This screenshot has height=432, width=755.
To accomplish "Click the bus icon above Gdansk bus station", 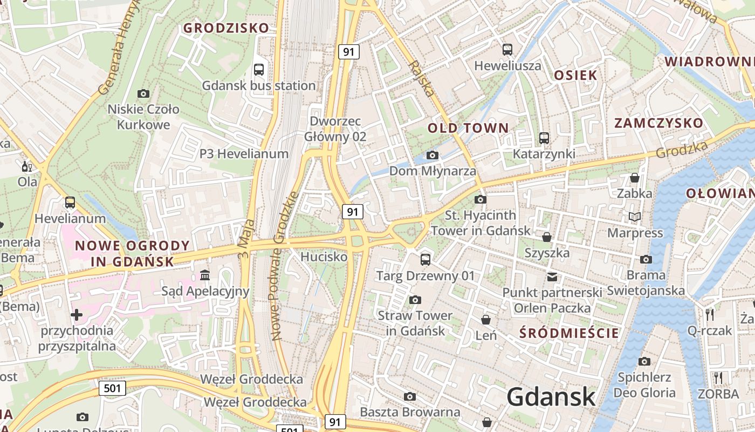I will click(259, 69).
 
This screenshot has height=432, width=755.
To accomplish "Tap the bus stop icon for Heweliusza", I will click(507, 50).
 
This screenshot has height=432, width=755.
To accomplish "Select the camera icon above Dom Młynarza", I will click(432, 156).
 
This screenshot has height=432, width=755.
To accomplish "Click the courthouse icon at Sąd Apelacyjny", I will click(205, 276).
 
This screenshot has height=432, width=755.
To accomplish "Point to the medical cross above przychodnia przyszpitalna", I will click(77, 314).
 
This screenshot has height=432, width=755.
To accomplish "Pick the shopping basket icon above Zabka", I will click(635, 177).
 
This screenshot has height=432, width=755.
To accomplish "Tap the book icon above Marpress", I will click(635, 217).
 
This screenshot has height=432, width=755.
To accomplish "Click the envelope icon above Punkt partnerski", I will click(552, 277).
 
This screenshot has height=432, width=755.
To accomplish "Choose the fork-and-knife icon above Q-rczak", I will click(710, 314).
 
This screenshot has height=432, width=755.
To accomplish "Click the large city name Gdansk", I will click(551, 397).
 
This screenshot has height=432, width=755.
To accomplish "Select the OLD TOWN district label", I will click(468, 128).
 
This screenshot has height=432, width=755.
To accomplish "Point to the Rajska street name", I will click(422, 78).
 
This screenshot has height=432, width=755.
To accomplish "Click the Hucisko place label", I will click(324, 257).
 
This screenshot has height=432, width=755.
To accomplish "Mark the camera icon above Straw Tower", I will click(415, 300).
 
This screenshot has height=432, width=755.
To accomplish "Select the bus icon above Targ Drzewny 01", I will click(425, 260).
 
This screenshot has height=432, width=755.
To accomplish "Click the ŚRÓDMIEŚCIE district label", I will click(569, 333).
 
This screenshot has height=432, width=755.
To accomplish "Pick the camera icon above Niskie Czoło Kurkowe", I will click(143, 93).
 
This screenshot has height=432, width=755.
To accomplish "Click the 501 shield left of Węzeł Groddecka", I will click(112, 388).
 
